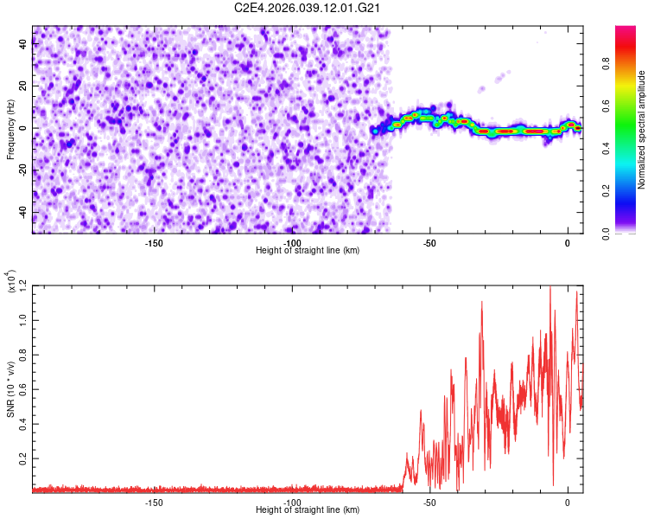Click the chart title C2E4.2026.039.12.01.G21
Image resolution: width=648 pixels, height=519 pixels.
[308, 8]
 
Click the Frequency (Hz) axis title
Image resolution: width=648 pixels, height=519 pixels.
[10, 130]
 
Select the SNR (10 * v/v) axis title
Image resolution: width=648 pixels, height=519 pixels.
[10, 389]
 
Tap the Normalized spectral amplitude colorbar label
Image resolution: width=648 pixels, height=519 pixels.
[642, 130]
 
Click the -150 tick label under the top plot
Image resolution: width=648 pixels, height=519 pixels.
[154, 242]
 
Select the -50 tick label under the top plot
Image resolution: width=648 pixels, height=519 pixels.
[429, 242]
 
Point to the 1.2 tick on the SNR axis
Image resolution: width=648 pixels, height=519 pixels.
[22, 285]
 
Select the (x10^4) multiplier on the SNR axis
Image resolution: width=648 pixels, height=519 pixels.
[11, 283]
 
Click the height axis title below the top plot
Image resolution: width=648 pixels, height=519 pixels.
[308, 251]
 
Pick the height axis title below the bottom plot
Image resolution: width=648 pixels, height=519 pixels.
[308, 510]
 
